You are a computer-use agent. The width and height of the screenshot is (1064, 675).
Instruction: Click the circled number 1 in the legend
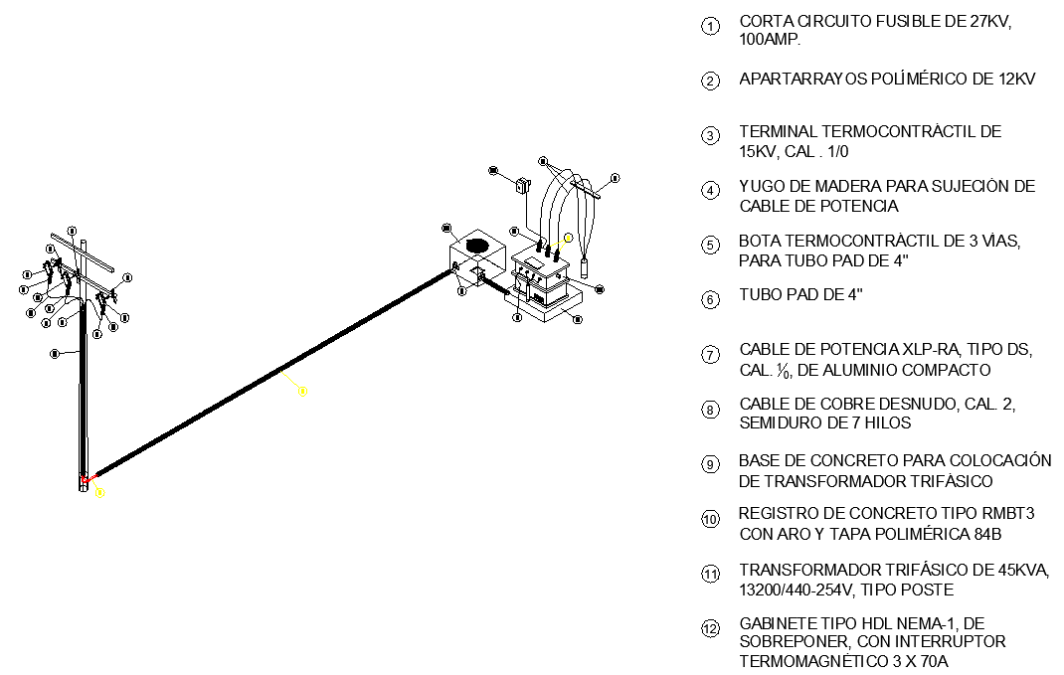click(710, 27)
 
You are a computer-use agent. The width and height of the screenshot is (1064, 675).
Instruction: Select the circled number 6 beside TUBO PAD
click(710, 299)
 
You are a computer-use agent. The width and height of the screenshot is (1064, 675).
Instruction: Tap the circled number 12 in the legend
click(710, 628)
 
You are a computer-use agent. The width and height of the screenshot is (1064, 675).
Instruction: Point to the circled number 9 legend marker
click(710, 464)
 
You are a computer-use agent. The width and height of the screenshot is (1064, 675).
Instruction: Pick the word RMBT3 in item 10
click(1008, 514)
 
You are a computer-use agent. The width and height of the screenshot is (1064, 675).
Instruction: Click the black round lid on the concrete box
click(477, 245)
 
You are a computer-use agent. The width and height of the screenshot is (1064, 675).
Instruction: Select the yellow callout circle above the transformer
click(567, 238)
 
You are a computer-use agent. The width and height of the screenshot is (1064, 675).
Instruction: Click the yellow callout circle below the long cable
click(302, 392)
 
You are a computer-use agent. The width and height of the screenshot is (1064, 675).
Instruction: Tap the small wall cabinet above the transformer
click(523, 185)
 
